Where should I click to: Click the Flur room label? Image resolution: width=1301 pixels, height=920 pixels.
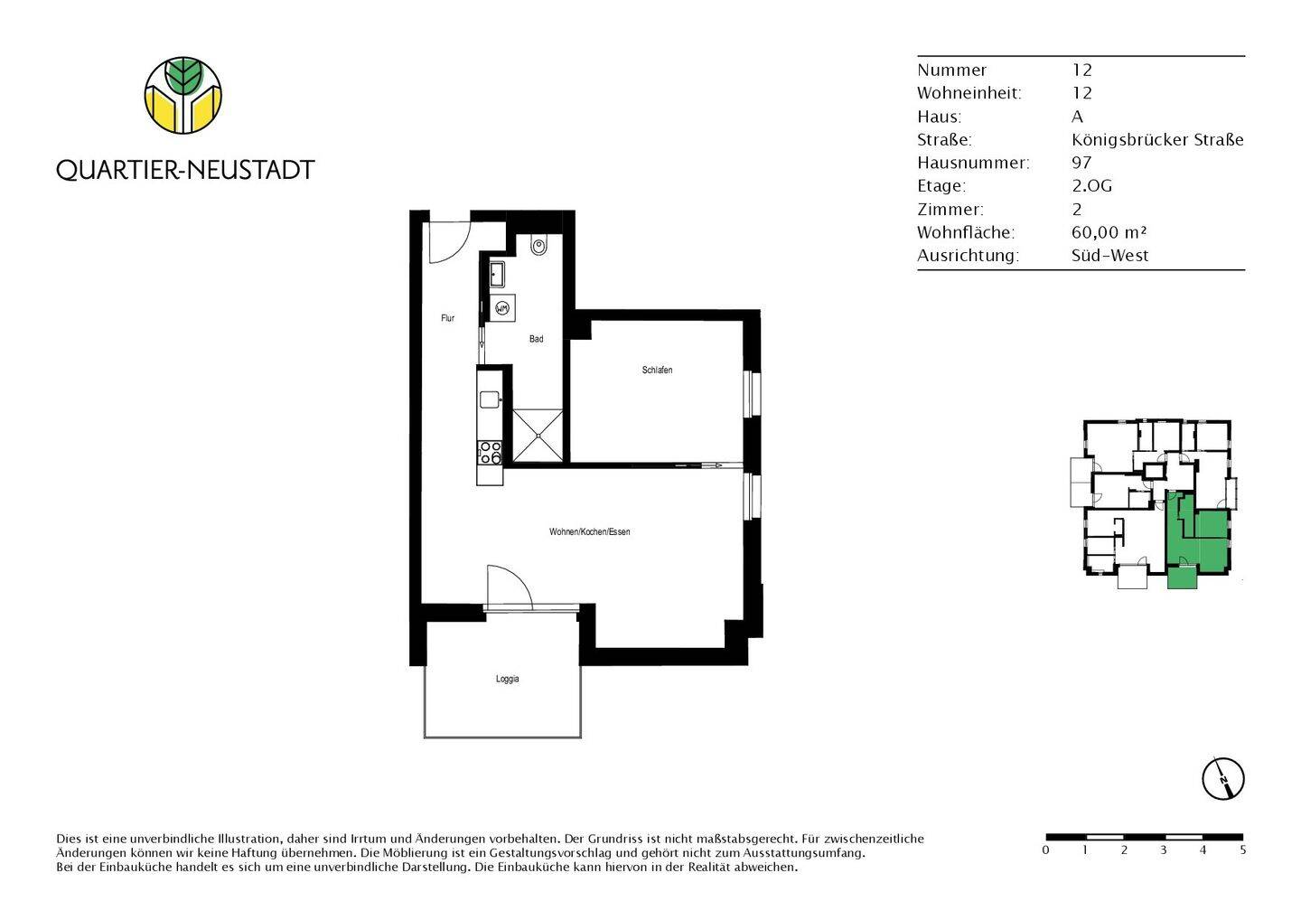[447, 318]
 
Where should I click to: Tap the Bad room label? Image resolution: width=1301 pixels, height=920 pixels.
[536, 339]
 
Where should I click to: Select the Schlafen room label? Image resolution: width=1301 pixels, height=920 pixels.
[657, 370]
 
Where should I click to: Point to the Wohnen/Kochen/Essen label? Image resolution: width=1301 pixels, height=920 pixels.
[589, 531]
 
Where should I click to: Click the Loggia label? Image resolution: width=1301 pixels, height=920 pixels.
[507, 679]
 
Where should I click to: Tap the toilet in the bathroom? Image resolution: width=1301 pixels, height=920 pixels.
[538, 245]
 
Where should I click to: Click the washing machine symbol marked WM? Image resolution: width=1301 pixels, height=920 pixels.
[502, 308]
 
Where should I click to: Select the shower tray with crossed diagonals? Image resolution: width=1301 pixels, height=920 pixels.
[538, 436]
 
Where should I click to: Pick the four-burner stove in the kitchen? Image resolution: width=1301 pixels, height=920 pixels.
[490, 453]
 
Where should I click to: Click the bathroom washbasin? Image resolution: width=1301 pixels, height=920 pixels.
[497, 274]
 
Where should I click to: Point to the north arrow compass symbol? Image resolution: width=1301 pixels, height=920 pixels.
[1222, 779]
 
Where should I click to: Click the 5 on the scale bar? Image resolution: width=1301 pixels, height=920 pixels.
[1242, 850]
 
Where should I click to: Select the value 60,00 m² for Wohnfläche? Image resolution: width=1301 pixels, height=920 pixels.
[1109, 232]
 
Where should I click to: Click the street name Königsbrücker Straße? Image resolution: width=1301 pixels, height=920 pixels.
[1157, 139]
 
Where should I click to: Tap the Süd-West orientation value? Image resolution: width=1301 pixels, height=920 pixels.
[1109, 256]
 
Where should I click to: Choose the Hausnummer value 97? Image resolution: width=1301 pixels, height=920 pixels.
[1081, 163]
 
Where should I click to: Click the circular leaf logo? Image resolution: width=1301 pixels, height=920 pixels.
[183, 95]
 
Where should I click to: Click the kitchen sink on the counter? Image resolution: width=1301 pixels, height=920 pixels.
[490, 399]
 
